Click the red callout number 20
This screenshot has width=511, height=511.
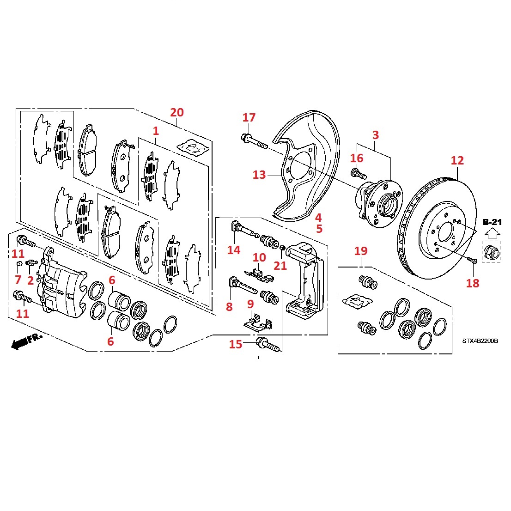pos(177,112)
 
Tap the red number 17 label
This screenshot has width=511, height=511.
pos(249,117)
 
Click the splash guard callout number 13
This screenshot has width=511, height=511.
pos(259,175)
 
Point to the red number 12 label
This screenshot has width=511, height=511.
pos(457,161)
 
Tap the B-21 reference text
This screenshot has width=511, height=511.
pos(493,222)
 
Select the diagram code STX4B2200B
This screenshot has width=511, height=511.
pos(480,341)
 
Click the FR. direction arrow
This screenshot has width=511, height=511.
pos(27,341)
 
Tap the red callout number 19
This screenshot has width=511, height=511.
pos(360,251)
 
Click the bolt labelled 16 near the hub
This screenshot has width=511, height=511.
pos(359,175)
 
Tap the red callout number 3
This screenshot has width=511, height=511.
pos(375,135)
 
